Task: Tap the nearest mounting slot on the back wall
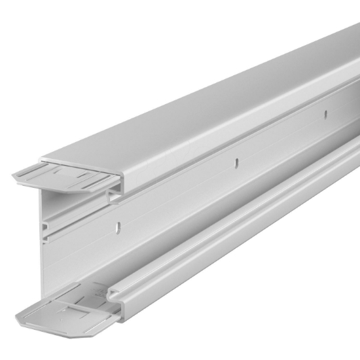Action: pyautogui.click(x=118, y=228)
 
